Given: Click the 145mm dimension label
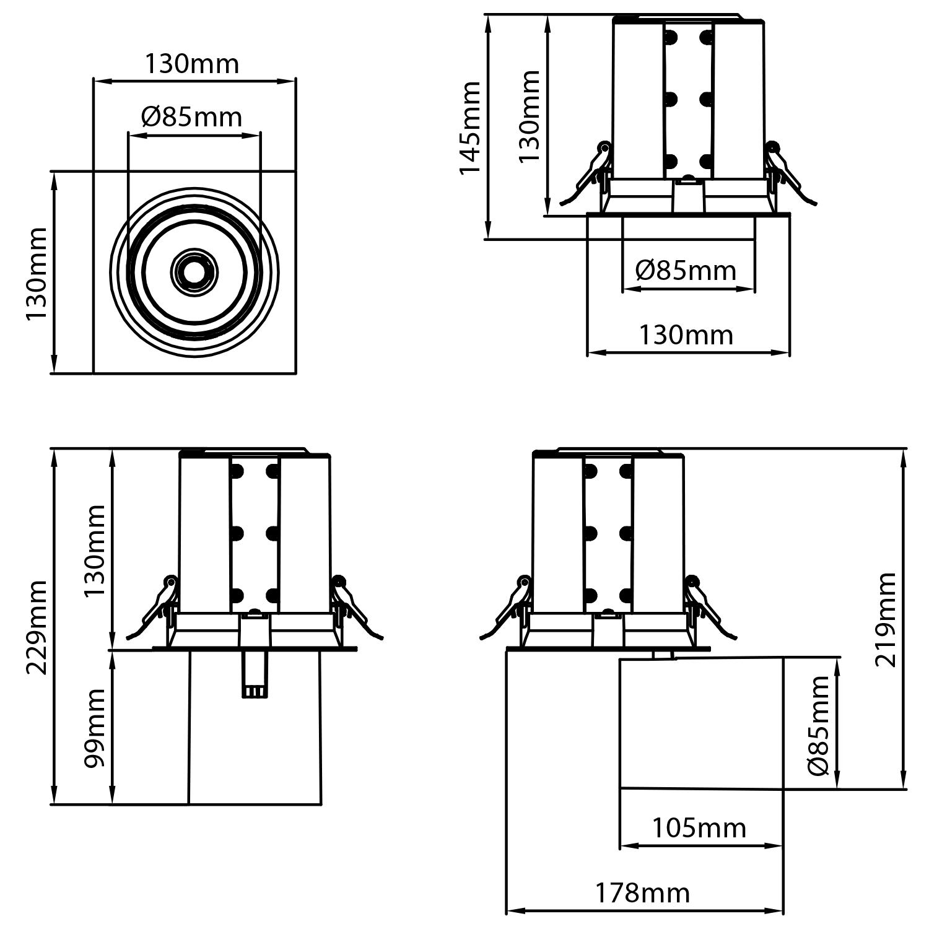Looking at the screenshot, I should [x=470, y=128].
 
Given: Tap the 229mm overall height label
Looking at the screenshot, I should [x=37, y=627].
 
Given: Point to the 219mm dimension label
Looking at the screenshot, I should [x=886, y=619].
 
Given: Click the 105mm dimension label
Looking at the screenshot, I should [x=699, y=828].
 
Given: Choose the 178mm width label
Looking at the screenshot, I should [x=642, y=893].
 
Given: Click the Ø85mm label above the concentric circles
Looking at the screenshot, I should [x=191, y=117].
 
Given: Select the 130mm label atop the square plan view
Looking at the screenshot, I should [x=192, y=64].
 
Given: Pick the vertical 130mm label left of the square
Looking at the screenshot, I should [x=37, y=273].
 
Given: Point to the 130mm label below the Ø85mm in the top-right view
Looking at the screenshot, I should [x=686, y=335].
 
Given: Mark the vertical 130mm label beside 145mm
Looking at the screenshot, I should [x=530, y=116].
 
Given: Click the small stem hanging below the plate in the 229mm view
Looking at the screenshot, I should [x=255, y=675].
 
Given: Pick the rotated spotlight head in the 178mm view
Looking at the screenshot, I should [x=701, y=723].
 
